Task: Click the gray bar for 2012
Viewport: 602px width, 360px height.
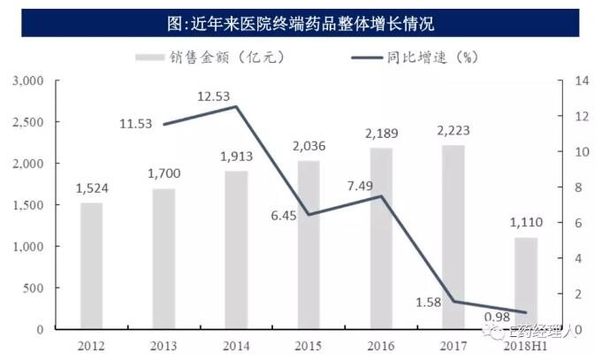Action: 91,265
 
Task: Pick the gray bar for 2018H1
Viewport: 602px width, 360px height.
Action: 525,283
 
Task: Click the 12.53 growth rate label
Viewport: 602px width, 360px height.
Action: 217,96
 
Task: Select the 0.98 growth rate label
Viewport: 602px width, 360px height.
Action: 497,318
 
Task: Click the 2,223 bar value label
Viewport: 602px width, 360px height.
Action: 453,132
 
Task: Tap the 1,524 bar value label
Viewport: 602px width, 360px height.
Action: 91,189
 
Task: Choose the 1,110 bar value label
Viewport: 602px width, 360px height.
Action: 525,225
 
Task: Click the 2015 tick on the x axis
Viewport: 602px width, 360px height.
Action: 308,344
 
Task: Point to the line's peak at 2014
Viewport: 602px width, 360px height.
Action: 236,107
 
